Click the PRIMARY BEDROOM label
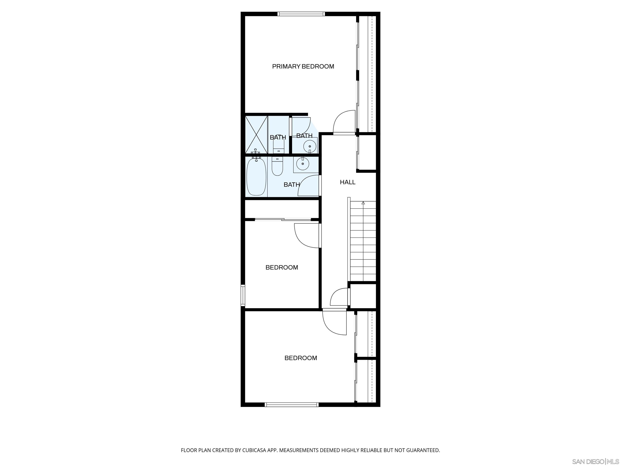[303, 67]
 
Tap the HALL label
[347, 182]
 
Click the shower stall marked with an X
[256, 135]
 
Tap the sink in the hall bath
[303, 164]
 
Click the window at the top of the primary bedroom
[301, 14]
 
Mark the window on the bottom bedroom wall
[292, 405]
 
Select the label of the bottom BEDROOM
[301, 358]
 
